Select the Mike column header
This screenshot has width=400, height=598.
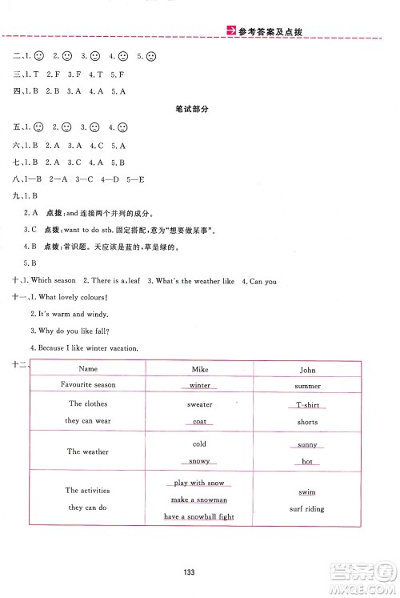[x=200, y=369]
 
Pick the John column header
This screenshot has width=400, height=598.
[x=307, y=370]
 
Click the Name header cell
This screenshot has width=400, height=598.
[x=88, y=369]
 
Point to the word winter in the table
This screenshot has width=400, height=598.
[x=200, y=385]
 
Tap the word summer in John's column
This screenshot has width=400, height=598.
[x=307, y=385]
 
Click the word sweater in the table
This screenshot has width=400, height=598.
[x=200, y=404]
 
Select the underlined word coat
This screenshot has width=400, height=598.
[x=200, y=421]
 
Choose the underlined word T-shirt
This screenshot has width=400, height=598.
[x=307, y=404]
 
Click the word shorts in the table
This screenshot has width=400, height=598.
[x=307, y=422]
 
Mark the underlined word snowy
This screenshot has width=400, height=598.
[x=200, y=461]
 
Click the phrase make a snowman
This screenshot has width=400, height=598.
[x=199, y=500]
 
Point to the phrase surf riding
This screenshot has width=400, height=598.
[x=307, y=509]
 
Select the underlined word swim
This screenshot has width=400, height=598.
[x=307, y=492]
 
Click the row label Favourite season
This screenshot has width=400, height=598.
[x=88, y=385]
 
